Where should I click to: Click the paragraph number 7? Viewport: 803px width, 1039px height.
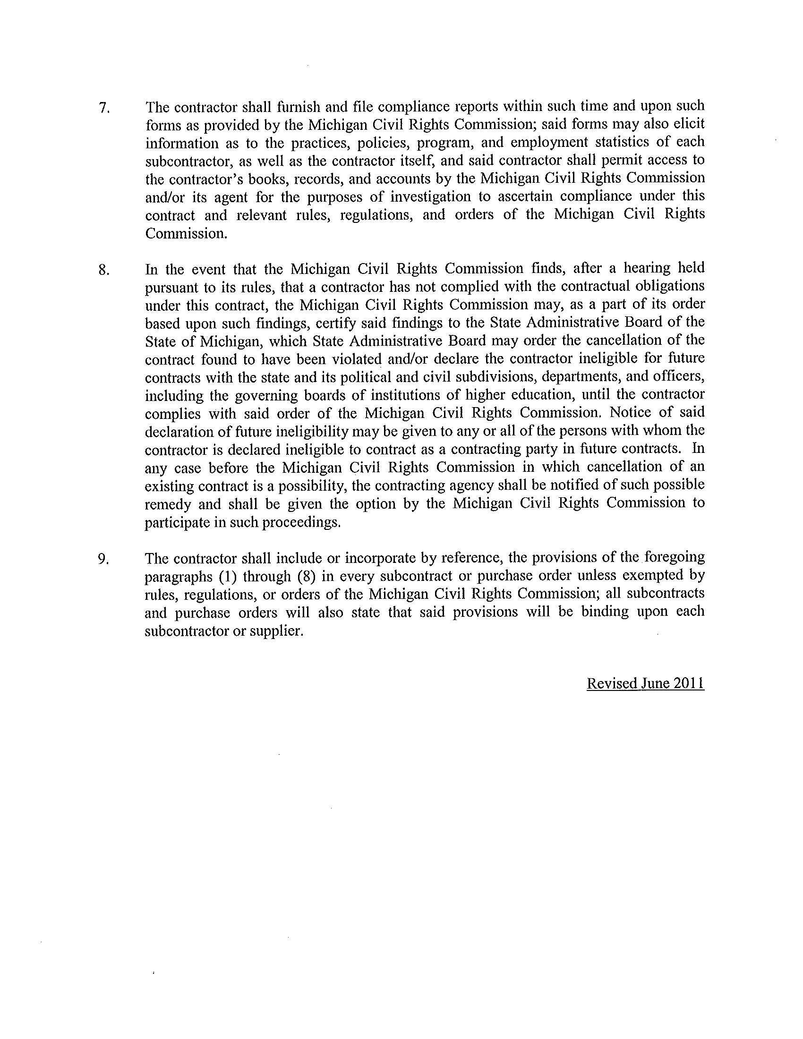(104, 108)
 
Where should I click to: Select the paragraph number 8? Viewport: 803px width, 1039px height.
(104, 270)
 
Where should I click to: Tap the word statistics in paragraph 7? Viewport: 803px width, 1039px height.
(625, 142)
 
